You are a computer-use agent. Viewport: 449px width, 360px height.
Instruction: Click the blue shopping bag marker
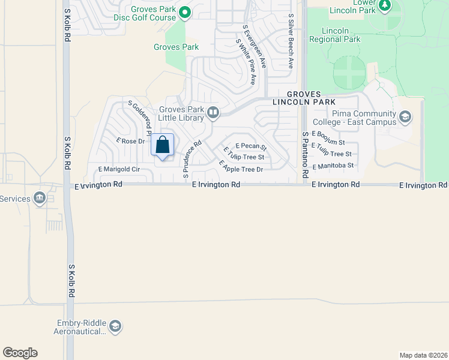[162, 145]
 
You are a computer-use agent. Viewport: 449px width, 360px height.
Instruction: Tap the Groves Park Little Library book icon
[212, 113]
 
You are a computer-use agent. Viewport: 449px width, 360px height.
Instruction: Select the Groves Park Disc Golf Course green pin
[185, 12]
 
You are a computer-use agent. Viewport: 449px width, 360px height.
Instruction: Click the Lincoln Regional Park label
[334, 35]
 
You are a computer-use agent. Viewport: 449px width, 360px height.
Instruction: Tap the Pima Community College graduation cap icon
[405, 116]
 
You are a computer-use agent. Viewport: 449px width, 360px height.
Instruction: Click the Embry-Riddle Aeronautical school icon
[115, 326]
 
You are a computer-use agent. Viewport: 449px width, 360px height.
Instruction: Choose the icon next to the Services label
[40, 198]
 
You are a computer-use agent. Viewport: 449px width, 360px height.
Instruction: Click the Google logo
[20, 353]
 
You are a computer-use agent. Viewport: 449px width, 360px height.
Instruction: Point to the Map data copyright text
[423, 355]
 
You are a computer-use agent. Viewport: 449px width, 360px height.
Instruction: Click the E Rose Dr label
[130, 141]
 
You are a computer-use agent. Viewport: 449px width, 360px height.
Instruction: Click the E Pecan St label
[250, 146]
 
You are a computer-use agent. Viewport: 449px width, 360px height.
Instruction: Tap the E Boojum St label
[328, 139]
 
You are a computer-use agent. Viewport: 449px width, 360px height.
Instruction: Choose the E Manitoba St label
[333, 165]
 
